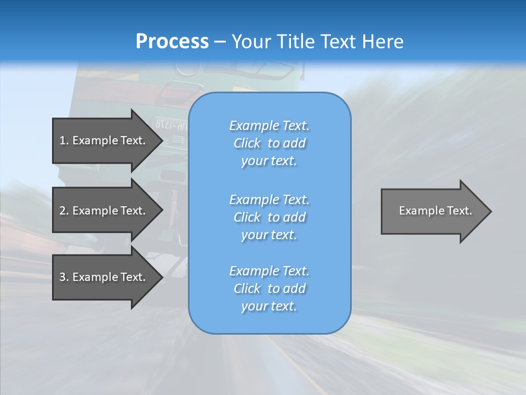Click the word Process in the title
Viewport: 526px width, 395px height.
(172, 41)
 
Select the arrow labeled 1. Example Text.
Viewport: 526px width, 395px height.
(104, 140)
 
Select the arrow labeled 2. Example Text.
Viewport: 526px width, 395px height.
(104, 211)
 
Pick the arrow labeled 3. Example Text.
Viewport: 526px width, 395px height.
(104, 277)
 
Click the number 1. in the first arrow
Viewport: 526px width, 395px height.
(64, 140)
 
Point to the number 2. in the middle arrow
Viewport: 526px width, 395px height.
(64, 211)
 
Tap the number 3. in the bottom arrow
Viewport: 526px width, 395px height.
(64, 277)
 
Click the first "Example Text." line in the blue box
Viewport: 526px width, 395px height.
(269, 126)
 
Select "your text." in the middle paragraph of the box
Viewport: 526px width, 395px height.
(269, 235)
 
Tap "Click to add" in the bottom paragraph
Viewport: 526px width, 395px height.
(269, 289)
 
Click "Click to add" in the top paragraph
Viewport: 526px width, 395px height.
(269, 143)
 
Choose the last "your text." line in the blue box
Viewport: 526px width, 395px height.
(269, 306)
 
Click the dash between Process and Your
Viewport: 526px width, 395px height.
(220, 42)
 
